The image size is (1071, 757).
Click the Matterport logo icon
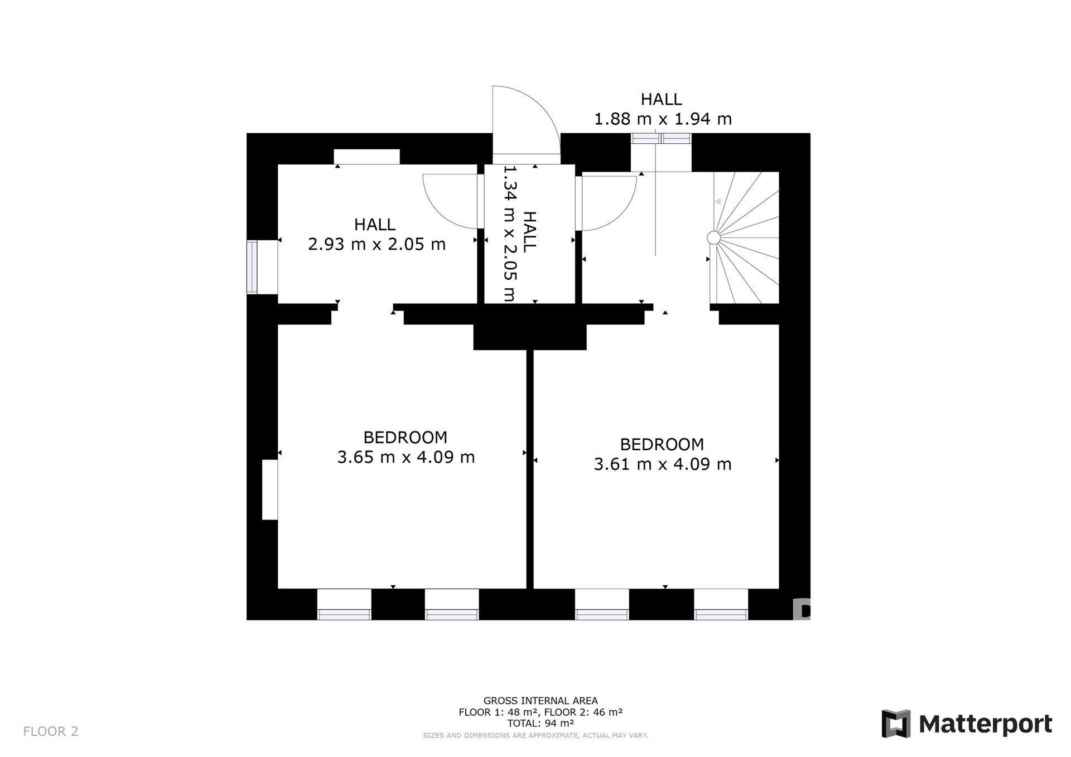[x=896, y=724]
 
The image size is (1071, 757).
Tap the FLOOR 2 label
[x=51, y=731]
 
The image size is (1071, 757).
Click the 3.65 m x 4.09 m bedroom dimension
[x=406, y=457]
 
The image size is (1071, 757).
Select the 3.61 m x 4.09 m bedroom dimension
[x=663, y=464]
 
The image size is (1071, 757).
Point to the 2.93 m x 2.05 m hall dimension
[x=377, y=244]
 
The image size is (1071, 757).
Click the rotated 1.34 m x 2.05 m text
[x=510, y=234]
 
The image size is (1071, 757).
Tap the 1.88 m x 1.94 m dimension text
[x=663, y=119]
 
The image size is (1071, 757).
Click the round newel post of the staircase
[x=713, y=238]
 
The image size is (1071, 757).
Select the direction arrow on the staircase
[x=718, y=201]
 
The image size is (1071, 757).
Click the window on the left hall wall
[x=252, y=267]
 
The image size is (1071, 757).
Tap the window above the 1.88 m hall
[x=661, y=138]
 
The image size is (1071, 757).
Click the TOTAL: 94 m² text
[x=541, y=724]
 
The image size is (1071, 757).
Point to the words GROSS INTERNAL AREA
[x=541, y=701]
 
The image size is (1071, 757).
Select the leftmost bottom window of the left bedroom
[x=344, y=614]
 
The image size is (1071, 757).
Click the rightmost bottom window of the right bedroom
[x=721, y=614]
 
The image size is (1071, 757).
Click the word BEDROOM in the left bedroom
[x=406, y=437]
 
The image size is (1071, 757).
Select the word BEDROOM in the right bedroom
[x=662, y=444]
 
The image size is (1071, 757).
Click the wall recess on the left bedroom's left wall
[x=270, y=489]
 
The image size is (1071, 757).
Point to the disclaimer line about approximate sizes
[x=535, y=736]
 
